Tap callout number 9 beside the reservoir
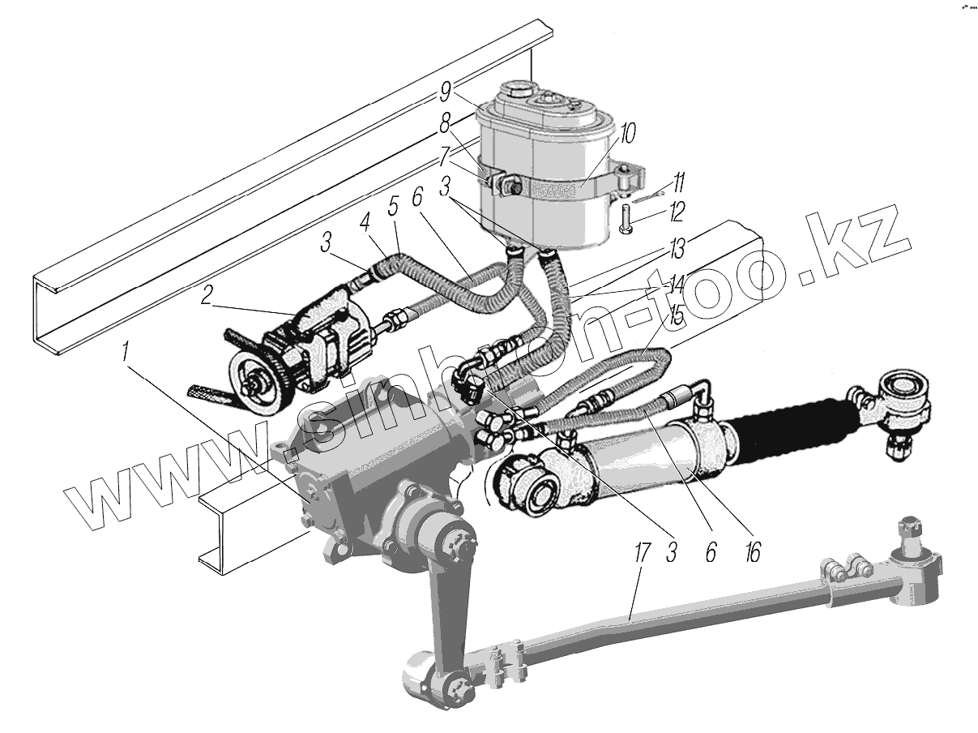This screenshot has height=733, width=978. coord(445,92)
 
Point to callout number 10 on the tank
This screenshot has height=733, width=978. coord(626,134)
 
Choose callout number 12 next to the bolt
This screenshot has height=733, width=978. coord(676,212)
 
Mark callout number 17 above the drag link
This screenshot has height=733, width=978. coord(642,553)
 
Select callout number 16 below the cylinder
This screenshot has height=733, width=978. coord(753,553)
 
